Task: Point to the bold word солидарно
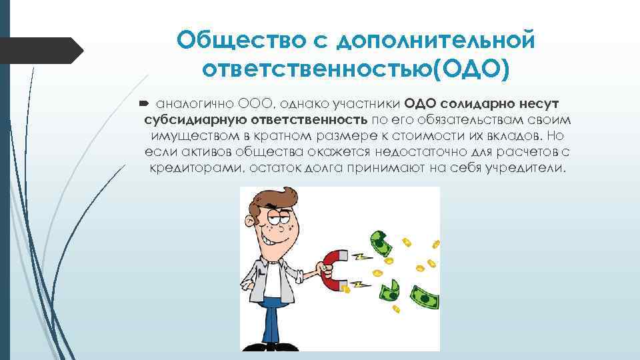click(476, 105)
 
